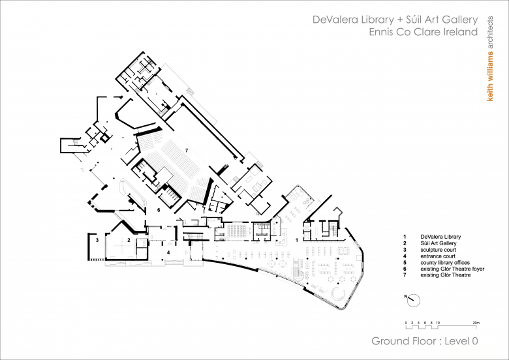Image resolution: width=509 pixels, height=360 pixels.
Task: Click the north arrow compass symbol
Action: (x=413, y=301)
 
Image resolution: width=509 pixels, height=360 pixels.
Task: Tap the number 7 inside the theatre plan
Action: (x=187, y=150)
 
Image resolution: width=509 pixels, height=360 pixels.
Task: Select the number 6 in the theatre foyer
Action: (x=159, y=210)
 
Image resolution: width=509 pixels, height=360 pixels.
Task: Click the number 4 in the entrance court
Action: (x=168, y=252)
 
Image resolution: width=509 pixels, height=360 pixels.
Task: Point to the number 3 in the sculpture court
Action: (x=97, y=240)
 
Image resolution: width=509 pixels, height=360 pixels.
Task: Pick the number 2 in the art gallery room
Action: (x=129, y=240)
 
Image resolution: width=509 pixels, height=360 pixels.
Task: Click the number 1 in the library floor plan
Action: (x=297, y=240)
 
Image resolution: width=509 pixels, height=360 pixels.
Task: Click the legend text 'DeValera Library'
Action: (x=440, y=237)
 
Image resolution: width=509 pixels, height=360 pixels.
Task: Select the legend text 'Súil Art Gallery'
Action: (x=439, y=243)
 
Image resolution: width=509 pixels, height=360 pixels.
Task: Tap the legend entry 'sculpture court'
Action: (x=439, y=250)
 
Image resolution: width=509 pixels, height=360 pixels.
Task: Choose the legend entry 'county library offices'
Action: (x=445, y=263)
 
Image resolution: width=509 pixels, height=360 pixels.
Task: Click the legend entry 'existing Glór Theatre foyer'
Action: (x=452, y=269)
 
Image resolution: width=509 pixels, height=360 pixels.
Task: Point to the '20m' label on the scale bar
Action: (x=476, y=323)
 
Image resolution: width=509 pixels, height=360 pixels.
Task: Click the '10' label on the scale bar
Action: (x=438, y=323)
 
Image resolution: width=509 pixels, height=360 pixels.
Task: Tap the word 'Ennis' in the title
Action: (x=380, y=32)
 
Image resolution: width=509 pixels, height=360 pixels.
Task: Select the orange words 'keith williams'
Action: (x=490, y=76)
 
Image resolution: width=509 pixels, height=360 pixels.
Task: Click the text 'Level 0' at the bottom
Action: (x=461, y=341)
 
